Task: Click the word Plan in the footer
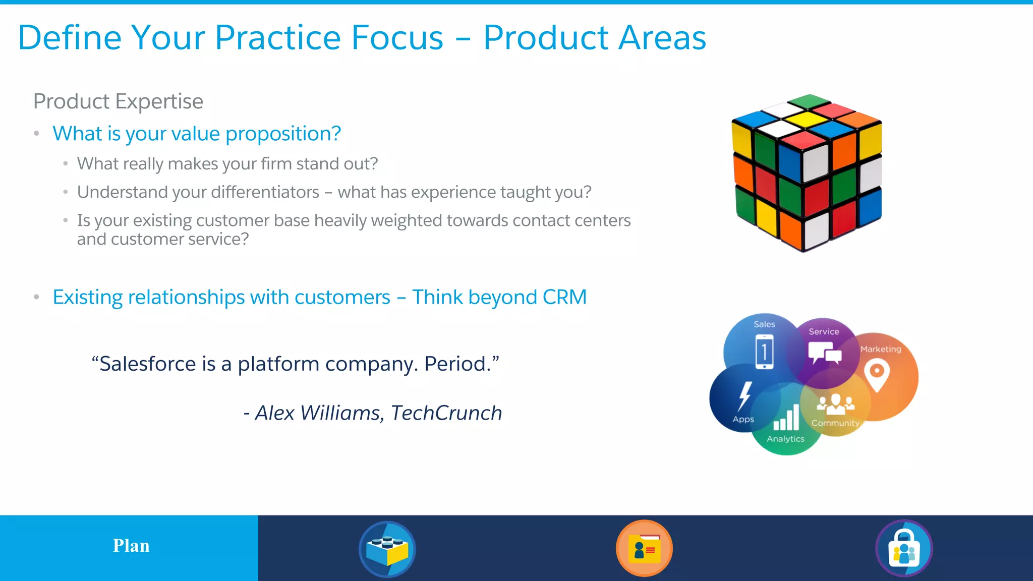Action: [x=131, y=546]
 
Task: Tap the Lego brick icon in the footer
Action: [x=387, y=549]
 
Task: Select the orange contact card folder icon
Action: [x=645, y=549]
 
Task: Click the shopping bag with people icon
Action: [x=904, y=549]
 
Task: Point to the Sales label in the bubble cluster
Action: [x=764, y=324]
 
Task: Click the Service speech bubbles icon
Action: [x=824, y=353]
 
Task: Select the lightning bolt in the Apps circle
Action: [x=744, y=396]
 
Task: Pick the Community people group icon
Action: [x=836, y=404]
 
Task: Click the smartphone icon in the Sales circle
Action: [x=764, y=352]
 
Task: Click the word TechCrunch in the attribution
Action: [x=446, y=413]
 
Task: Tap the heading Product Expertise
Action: [x=118, y=101]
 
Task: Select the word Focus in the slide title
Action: [x=397, y=38]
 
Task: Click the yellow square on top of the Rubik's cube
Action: [x=808, y=120]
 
